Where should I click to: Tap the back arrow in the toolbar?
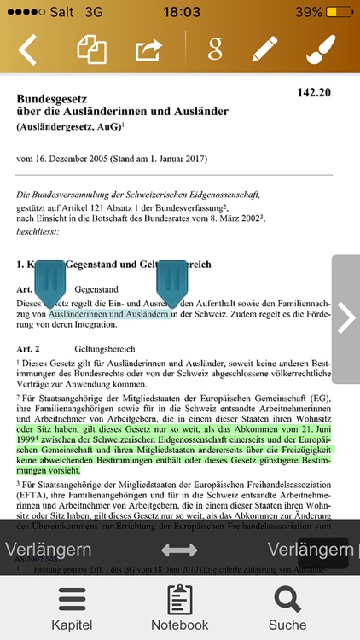[28, 49]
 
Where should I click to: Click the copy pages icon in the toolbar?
[91, 49]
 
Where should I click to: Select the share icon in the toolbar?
[148, 49]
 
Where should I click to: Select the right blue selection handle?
[173, 282]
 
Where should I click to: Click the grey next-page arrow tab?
[346, 317]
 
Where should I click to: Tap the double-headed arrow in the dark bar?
[179, 550]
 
